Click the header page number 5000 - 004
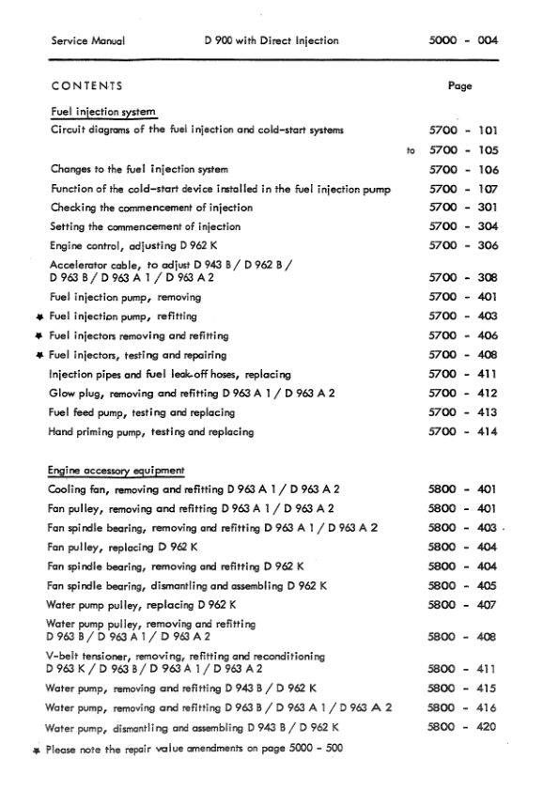pos(462,41)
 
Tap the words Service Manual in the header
pos(88,41)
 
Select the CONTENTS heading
pos(87,85)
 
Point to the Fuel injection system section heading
pos(102,112)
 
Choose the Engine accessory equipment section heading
pos(116,470)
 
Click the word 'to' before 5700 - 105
pos(410,149)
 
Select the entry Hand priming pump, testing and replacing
pos(151,432)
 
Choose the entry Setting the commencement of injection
pos(146,226)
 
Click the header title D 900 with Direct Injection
pos(271,41)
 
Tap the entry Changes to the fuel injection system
pos(139,170)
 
